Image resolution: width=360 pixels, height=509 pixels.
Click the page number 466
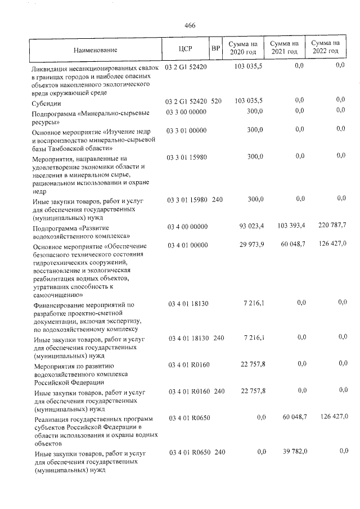point(189,25)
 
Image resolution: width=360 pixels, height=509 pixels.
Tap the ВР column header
point(215,49)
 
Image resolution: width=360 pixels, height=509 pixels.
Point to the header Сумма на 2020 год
point(244,47)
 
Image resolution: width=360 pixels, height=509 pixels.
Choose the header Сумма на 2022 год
point(325,47)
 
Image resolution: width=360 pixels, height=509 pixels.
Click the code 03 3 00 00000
point(187,112)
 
